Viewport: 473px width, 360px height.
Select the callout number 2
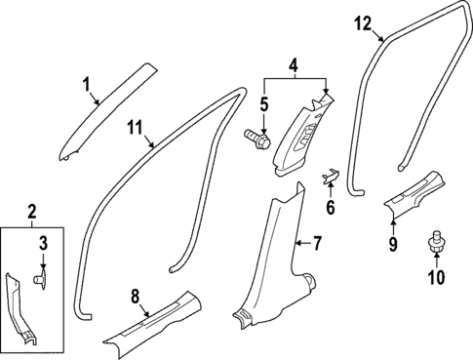pos(33,211)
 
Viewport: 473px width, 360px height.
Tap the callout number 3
pos(43,242)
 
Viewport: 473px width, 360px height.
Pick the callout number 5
pos(263,103)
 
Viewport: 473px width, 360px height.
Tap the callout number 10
pos(435,278)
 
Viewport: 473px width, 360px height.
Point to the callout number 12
pos(362,22)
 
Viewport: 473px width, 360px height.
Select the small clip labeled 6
pos(330,176)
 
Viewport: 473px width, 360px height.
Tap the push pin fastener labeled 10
pos(434,241)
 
